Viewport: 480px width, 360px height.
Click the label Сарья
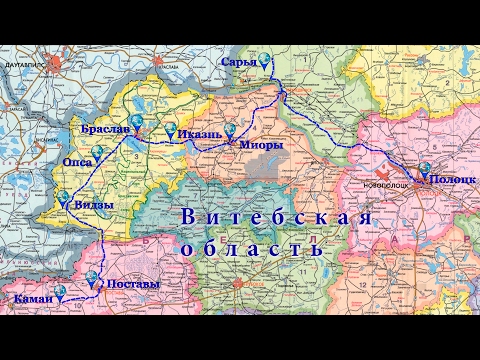pos(240,63)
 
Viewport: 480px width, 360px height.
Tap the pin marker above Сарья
pos(265,58)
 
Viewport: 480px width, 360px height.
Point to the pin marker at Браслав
pos(140,128)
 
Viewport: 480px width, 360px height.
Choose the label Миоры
pos(259,144)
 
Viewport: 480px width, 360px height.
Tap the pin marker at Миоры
pos(232,130)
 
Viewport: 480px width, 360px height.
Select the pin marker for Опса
pos(98,153)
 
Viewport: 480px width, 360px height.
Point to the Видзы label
pos(93,205)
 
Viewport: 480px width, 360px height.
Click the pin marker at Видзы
pos(65,198)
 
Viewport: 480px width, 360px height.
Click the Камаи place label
pos(33,299)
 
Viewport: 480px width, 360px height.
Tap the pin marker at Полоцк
pos(425,170)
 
